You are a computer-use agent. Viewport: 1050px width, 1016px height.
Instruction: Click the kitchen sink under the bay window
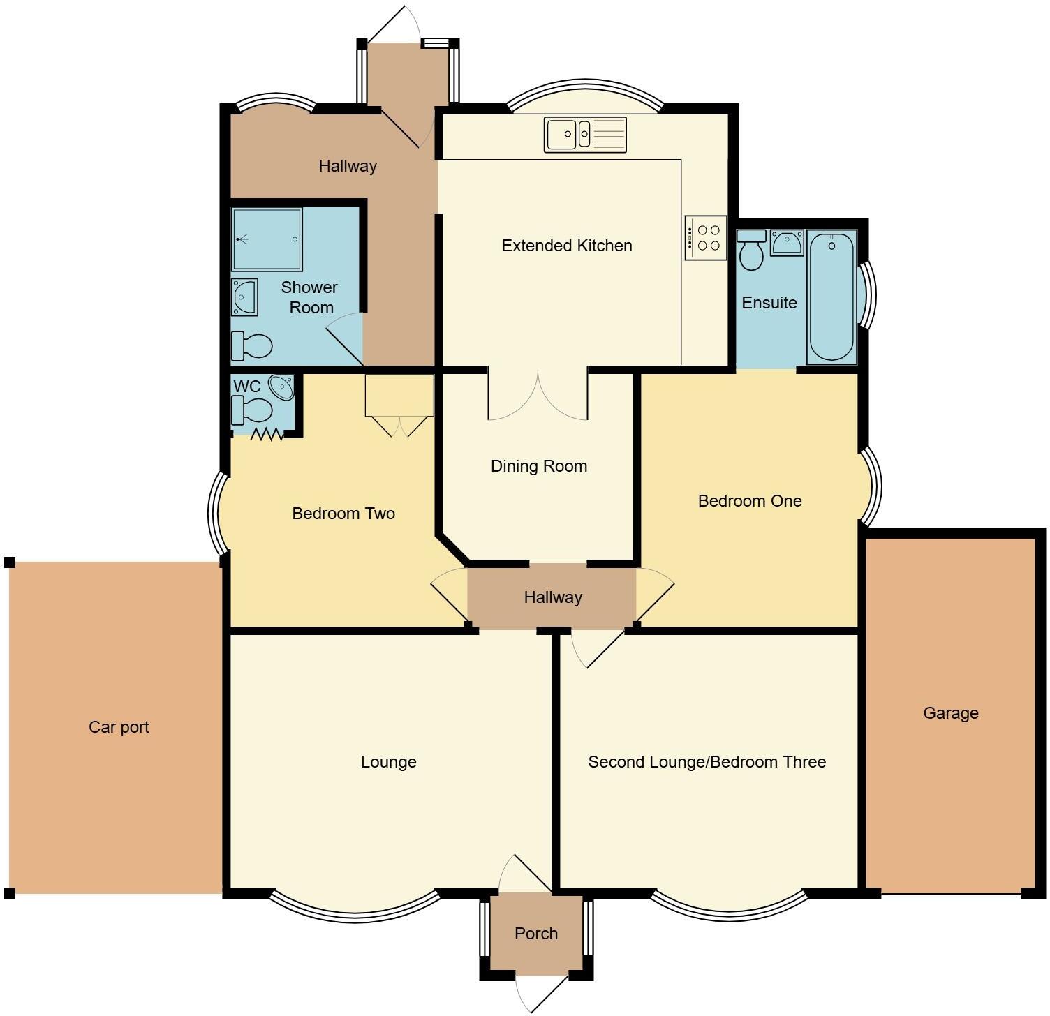pyautogui.click(x=585, y=135)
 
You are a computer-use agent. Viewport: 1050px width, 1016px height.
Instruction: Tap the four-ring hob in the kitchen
pyautogui.click(x=706, y=238)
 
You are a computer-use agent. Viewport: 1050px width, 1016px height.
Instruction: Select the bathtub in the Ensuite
pyautogui.click(x=831, y=297)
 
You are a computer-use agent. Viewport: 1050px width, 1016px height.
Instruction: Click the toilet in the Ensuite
pyautogui.click(x=751, y=249)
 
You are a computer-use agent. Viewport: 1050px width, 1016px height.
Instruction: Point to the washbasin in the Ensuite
pyautogui.click(x=787, y=243)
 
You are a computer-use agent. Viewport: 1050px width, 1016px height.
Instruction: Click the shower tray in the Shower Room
pyautogui.click(x=267, y=239)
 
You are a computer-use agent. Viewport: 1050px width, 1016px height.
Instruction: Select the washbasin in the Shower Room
pyautogui.click(x=244, y=297)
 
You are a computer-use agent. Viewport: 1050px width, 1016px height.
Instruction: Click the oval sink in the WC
pyautogui.click(x=283, y=387)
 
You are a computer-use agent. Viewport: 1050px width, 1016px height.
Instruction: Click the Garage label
pyautogui.click(x=950, y=713)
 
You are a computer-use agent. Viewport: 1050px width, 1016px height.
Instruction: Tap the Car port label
pyautogui.click(x=119, y=727)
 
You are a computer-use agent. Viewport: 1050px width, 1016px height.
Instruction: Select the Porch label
pyautogui.click(x=535, y=934)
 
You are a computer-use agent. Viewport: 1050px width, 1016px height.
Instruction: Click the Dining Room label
pyautogui.click(x=538, y=466)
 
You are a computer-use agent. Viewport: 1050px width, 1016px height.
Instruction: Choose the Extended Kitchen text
pyautogui.click(x=566, y=246)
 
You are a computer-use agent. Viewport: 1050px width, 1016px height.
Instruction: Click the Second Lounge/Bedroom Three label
pyautogui.click(x=707, y=762)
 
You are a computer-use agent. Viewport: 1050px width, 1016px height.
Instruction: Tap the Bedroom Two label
pyautogui.click(x=343, y=514)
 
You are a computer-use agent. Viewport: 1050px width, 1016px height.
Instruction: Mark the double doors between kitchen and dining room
pyautogui.click(x=538, y=398)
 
